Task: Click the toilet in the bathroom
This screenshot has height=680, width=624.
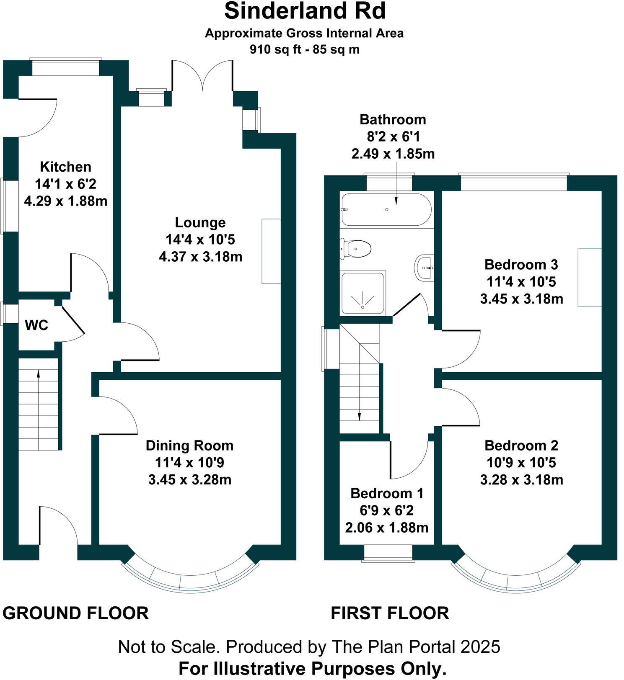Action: click(357, 249)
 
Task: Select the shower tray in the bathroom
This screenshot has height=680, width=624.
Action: click(363, 293)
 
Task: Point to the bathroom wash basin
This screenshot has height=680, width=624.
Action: click(425, 267)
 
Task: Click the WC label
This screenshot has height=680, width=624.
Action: click(36, 325)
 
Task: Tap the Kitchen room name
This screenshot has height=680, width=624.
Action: click(65, 167)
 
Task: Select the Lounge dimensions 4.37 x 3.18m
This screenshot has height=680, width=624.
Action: click(200, 257)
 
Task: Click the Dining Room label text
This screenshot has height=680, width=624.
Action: click(189, 446)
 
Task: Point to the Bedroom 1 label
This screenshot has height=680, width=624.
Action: click(387, 493)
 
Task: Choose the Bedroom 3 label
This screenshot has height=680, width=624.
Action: click(521, 265)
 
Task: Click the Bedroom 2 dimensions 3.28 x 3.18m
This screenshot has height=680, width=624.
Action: click(521, 480)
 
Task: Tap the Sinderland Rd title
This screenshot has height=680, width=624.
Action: click(305, 11)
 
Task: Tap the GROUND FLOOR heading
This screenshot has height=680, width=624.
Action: click(75, 613)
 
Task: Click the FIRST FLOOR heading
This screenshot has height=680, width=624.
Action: click(390, 613)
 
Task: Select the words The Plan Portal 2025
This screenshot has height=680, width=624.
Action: click(416, 647)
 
